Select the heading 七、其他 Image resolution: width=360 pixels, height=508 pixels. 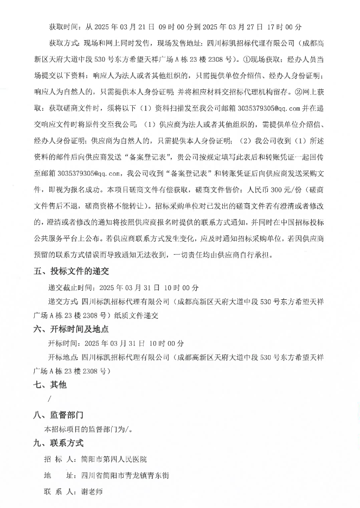pos(53,385)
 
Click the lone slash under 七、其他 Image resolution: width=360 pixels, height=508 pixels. pos(50,400)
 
